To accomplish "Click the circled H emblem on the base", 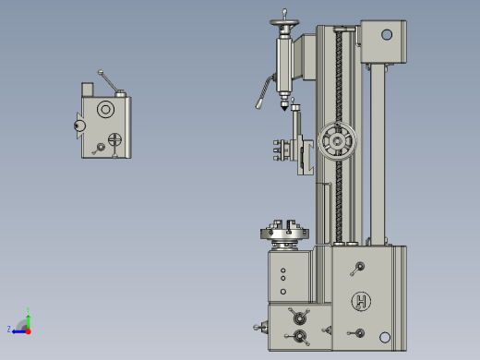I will pyautogui.click(x=360, y=301).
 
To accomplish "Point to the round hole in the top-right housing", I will pyautogui.click(x=386, y=35).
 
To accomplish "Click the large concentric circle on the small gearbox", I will pyautogui.click(x=105, y=111).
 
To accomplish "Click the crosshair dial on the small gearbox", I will pyautogui.click(x=114, y=140).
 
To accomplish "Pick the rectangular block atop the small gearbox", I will pyautogui.click(x=89, y=89).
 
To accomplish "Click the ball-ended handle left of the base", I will pyautogui.click(x=259, y=325).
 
